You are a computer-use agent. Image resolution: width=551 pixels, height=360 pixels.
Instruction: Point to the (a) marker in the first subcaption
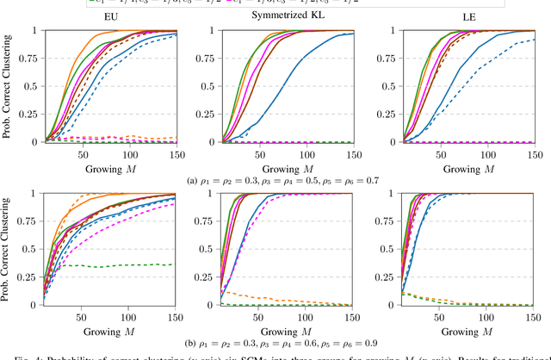coord(191,182)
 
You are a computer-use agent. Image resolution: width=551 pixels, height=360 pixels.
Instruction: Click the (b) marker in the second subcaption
coord(191,344)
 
